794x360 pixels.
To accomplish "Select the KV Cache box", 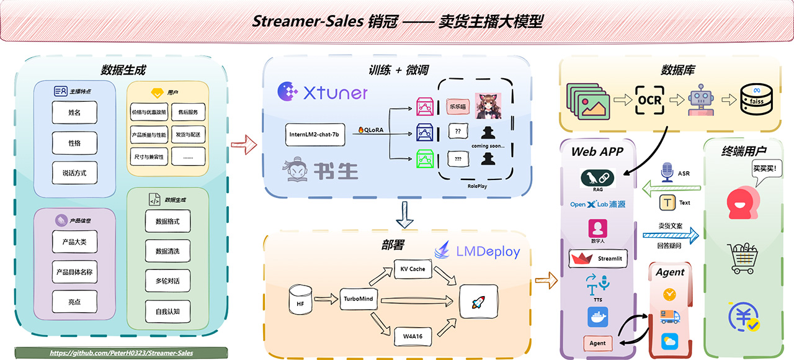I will click(413, 269).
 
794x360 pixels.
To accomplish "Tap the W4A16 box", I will click(413, 337).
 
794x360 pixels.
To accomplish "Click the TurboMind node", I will click(359, 299).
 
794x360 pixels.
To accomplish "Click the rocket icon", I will click(478, 302).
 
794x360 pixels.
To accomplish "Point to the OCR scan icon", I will click(649, 100).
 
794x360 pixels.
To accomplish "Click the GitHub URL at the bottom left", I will click(122, 353).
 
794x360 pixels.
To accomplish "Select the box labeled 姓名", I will click(74, 113).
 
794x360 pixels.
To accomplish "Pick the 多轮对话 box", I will click(167, 281).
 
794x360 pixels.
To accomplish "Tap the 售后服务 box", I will click(189, 113).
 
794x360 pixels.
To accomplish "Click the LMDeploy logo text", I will click(477, 252).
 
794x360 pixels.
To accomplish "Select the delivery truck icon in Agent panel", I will click(669, 317).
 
